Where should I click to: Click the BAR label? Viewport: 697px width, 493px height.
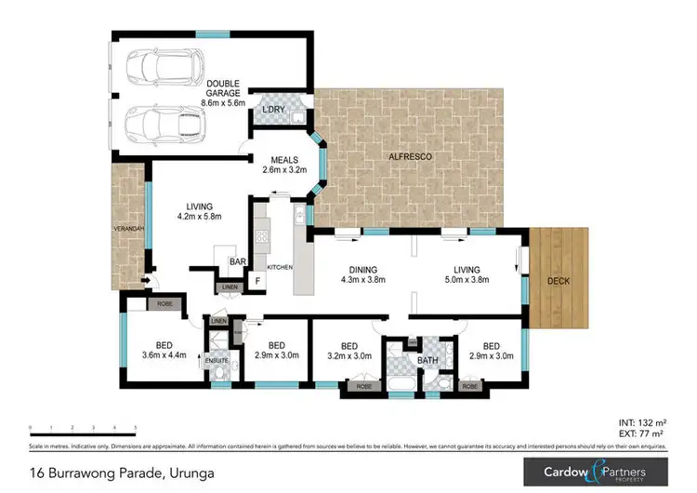pos(237,263)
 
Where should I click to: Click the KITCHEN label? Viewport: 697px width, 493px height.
pos(280,267)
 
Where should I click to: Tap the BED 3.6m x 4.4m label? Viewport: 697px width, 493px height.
pos(164,348)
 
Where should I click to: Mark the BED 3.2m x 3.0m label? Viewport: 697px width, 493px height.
pos(349,348)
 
